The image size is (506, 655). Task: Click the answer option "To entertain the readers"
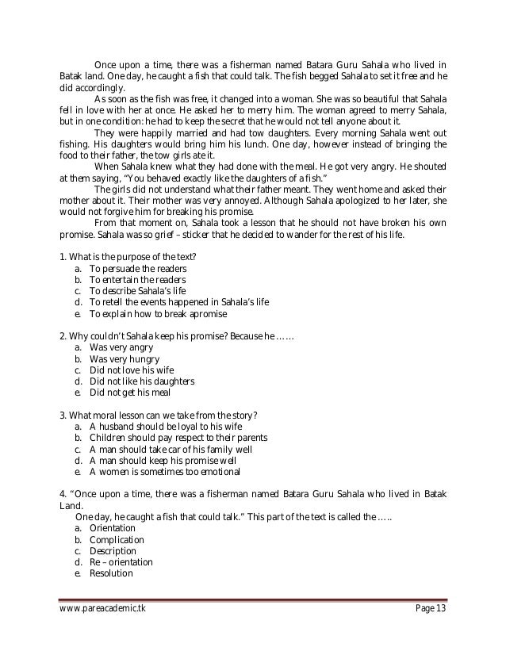pyautogui.click(x=137, y=280)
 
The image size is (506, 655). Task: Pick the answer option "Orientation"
pyautogui.click(x=113, y=527)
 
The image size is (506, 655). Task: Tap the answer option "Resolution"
pyautogui.click(x=111, y=573)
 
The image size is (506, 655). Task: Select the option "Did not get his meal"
pyautogui.click(x=130, y=393)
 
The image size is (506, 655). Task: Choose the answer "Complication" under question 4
pyautogui.click(x=117, y=539)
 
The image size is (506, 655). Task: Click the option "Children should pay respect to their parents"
pyautogui.click(x=178, y=438)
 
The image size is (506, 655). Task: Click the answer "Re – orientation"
pyautogui.click(x=121, y=562)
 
